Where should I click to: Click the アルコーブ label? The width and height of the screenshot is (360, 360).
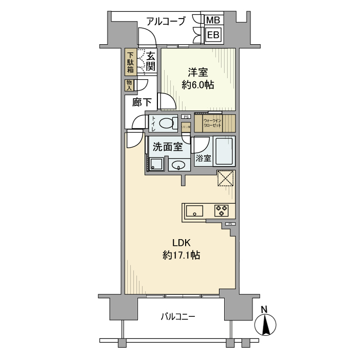(166, 22)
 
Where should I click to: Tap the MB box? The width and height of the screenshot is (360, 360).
(213, 21)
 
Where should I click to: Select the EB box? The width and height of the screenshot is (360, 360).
(213, 35)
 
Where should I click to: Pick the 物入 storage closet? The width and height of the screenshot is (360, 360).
(129, 85)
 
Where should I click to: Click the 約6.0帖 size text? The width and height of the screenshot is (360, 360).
(198, 85)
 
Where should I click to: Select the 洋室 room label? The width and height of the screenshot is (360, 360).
(198, 73)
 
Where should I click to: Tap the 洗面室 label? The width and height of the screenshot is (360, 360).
(168, 147)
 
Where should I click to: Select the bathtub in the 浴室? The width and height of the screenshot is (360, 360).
(224, 151)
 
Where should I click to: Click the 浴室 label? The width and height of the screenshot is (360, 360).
(203, 158)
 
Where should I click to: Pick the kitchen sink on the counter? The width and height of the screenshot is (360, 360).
(194, 210)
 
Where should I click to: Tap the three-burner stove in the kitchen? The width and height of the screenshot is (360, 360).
(222, 210)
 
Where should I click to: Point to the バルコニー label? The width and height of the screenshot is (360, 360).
(177, 316)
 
